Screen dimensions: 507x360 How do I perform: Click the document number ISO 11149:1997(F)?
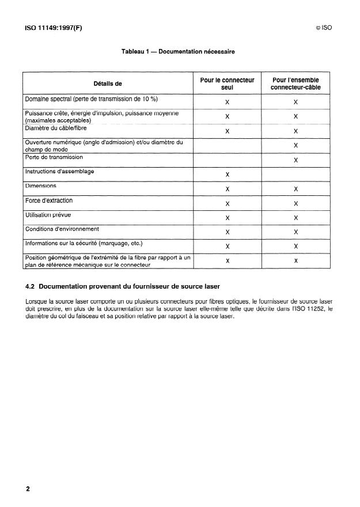coord(54,28)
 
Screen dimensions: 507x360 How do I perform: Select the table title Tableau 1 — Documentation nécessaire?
coord(178,52)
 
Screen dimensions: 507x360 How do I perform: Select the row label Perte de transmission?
coord(54,157)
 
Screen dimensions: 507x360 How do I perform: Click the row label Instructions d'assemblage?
coord(60,172)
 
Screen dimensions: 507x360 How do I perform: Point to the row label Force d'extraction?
coord(49,201)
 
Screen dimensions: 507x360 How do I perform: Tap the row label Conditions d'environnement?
coord(62,229)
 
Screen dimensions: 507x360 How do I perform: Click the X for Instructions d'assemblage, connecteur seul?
coord(228,175)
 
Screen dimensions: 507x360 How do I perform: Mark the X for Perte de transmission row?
coord(295,160)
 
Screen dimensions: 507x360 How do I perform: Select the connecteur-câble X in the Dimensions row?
coord(295,189)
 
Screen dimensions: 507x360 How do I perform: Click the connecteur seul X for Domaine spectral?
coord(228,102)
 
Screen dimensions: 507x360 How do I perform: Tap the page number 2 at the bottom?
coord(28,489)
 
